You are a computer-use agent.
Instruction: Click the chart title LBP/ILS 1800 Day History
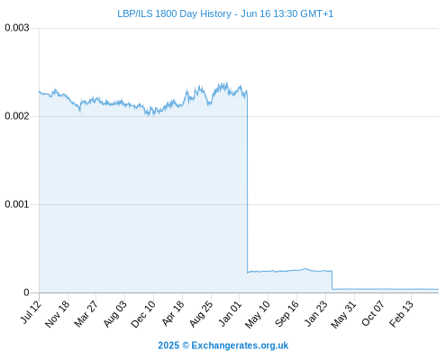click(174, 13)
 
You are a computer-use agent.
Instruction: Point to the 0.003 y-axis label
click(17, 28)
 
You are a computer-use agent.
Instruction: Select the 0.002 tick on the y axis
click(17, 116)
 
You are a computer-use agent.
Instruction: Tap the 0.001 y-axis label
click(17, 204)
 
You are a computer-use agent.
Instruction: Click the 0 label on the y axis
click(26, 292)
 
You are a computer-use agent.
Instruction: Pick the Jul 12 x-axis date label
click(30, 312)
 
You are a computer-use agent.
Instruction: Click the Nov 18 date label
click(57, 314)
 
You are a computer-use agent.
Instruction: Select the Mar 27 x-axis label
click(86, 313)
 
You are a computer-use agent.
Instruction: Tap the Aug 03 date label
click(115, 314)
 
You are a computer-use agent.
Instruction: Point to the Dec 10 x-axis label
click(143, 314)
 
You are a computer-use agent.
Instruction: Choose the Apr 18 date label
click(173, 313)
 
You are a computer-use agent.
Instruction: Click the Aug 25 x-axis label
click(201, 314)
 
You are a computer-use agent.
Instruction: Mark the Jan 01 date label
click(230, 313)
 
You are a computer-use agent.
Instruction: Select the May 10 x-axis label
click(258, 314)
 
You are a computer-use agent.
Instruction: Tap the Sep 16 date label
click(287, 314)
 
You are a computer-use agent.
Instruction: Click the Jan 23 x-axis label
click(316, 313)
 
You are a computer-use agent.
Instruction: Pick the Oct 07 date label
click(373, 313)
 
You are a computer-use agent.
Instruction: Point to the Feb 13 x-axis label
click(401, 314)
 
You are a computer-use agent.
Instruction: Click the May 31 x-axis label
click(343, 314)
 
